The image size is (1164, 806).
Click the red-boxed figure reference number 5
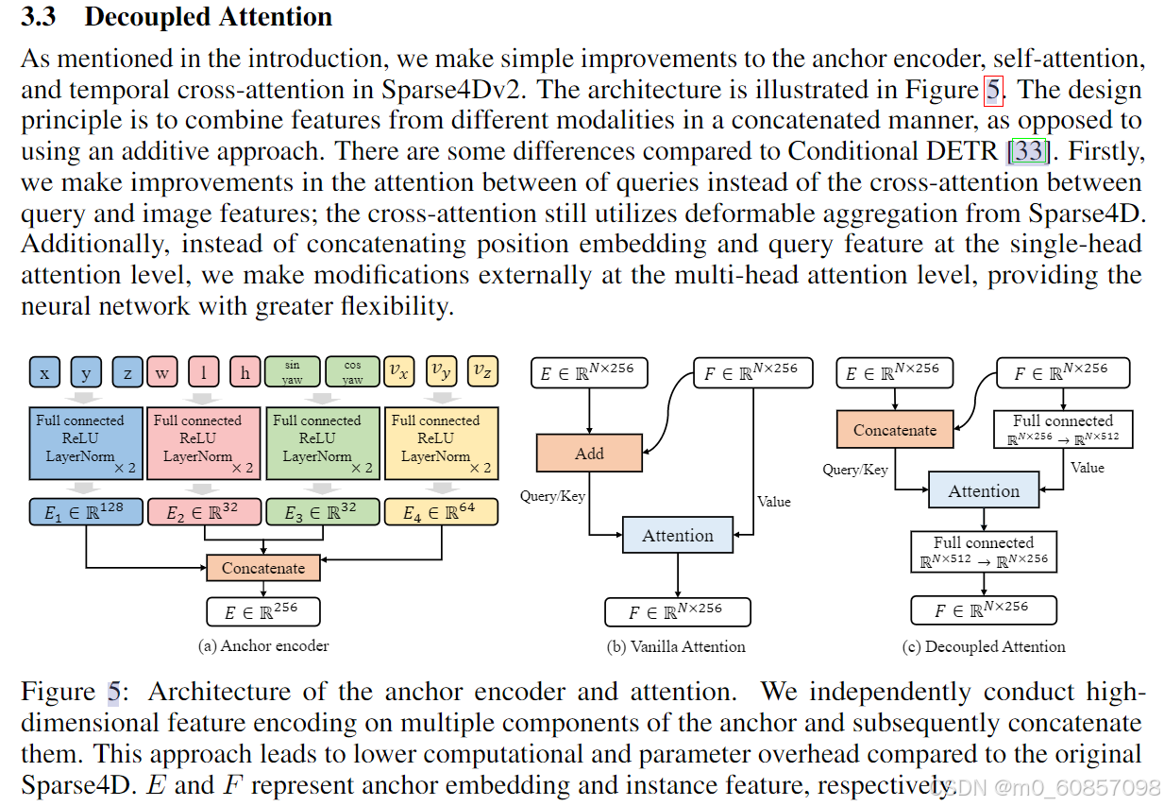[994, 91]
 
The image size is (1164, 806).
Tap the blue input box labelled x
[44, 372]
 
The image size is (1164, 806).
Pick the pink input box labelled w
[162, 372]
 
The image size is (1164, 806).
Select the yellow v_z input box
[481, 371]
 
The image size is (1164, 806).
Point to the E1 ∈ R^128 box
[86, 513]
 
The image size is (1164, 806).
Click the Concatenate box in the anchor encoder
[263, 568]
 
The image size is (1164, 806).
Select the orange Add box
[589, 454]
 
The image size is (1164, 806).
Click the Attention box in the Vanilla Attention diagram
[678, 536]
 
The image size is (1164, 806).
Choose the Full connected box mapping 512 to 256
[984, 552]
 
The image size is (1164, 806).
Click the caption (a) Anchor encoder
[263, 646]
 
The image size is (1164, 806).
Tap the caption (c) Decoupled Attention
[984, 646]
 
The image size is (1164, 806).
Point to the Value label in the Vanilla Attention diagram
[774, 502]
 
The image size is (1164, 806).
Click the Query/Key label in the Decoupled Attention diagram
[855, 470]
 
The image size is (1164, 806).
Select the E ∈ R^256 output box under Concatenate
[263, 611]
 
